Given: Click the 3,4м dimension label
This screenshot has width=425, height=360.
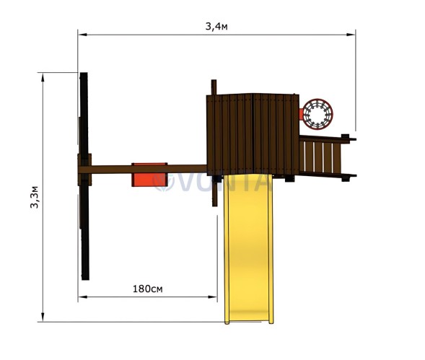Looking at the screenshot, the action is point(216,27).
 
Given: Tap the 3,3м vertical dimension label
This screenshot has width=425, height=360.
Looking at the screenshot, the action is point(35,197).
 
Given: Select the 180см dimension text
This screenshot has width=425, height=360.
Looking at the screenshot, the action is point(148,289).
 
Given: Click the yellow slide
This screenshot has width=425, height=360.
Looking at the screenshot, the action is point(248,248).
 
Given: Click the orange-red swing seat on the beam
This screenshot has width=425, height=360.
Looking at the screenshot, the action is point(149,175).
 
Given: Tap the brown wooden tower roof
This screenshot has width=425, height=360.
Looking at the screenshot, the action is point(253,135).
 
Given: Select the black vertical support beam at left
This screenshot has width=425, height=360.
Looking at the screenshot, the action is point(84,176).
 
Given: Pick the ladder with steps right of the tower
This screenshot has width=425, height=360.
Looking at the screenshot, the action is point(328,157).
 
